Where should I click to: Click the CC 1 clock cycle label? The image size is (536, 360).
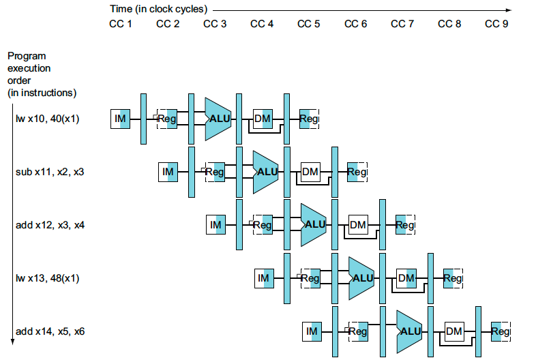point(120,24)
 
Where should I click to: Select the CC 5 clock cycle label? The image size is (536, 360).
point(309,24)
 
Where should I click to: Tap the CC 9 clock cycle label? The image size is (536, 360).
point(496,24)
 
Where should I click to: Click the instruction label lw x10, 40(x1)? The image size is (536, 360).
point(48,119)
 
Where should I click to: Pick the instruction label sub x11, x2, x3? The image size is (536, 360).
point(50,172)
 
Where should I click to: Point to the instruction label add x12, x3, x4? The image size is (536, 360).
point(50,225)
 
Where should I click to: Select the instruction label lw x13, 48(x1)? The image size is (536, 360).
point(48,278)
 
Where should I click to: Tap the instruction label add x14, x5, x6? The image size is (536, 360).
point(50,331)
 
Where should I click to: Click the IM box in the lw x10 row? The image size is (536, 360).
point(120,119)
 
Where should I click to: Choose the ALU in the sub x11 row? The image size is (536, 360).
point(265,172)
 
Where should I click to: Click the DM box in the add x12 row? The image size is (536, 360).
point(358,225)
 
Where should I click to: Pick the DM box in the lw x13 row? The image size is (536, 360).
point(406,278)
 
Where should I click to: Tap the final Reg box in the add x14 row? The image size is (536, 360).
point(501,331)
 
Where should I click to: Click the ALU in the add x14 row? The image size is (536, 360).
point(409,331)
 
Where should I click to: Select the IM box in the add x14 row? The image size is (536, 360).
point(312,331)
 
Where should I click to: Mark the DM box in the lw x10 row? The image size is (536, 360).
point(263,119)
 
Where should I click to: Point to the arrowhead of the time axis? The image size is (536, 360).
point(509,10)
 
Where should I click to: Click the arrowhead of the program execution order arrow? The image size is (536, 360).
point(13,342)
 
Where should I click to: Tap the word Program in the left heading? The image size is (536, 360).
point(27,57)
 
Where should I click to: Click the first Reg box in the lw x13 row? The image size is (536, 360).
point(310,278)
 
